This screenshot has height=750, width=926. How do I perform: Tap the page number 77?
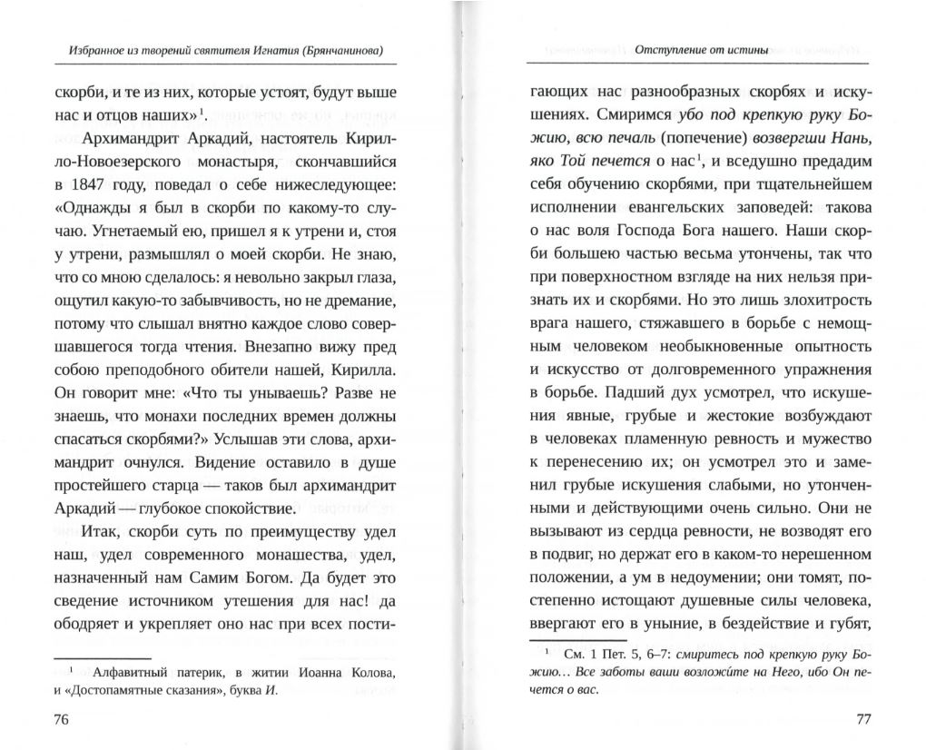(x=863, y=721)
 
